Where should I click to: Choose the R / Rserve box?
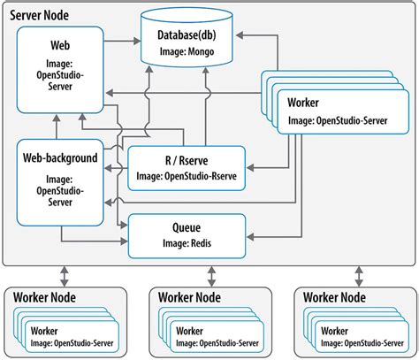tap(185, 167)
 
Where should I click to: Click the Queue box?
tap(185, 234)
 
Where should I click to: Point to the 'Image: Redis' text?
tap(185, 242)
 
